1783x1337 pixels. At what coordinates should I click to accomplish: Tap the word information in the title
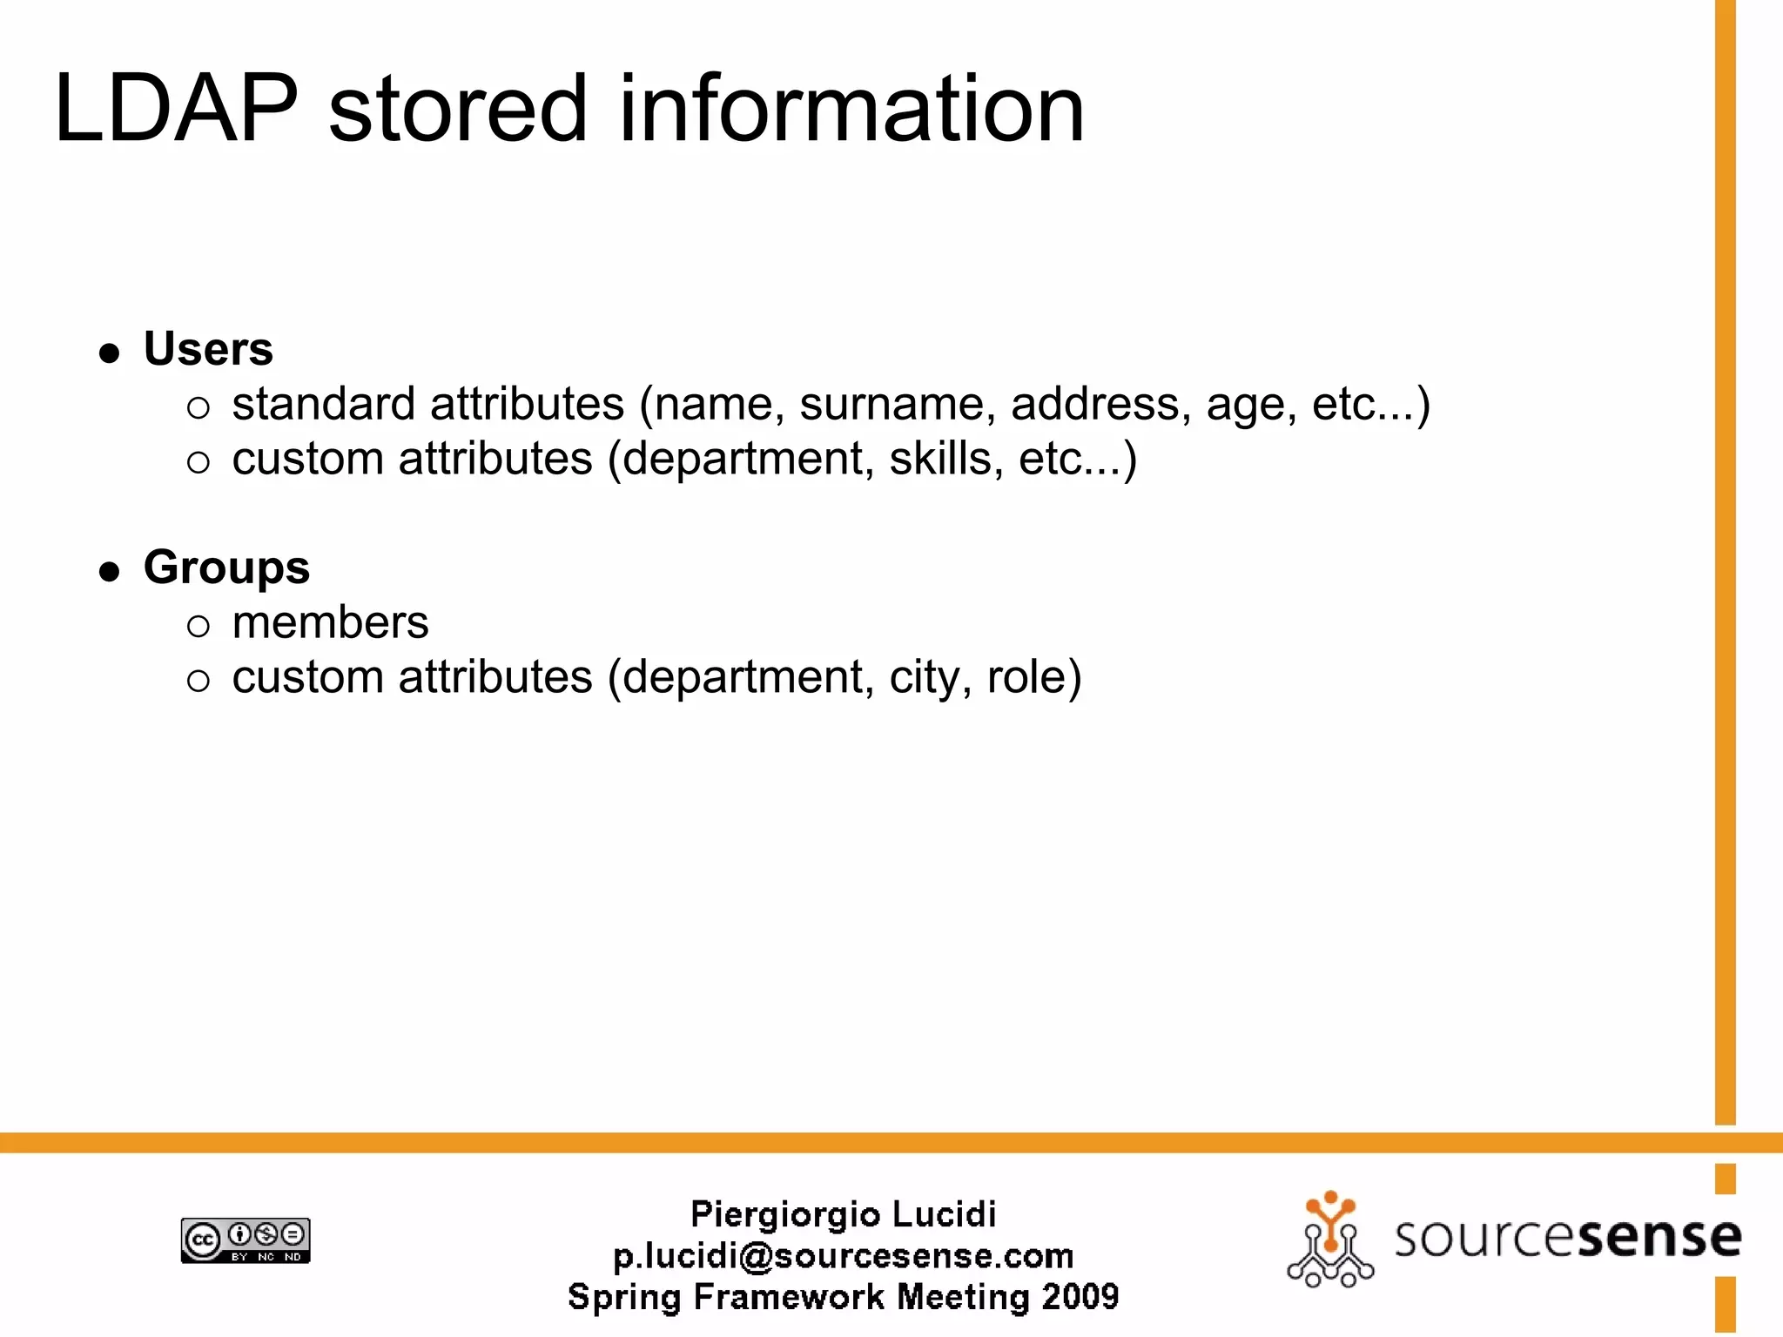851,111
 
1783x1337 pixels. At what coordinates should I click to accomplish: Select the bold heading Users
208,349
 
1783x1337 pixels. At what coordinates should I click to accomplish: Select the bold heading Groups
226,568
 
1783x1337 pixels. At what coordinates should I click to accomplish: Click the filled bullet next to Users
109,353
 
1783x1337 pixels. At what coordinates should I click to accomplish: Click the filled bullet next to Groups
109,572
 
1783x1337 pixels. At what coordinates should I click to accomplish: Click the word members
330,623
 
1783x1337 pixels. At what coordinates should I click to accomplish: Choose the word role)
1033,678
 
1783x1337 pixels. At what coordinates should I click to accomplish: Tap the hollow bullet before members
198,626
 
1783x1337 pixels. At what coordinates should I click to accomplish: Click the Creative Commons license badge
246,1240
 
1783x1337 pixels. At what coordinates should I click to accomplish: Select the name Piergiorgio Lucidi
843,1214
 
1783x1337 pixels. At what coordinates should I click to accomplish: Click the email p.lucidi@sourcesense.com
843,1256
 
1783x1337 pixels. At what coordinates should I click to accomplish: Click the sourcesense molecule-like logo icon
1329,1240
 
